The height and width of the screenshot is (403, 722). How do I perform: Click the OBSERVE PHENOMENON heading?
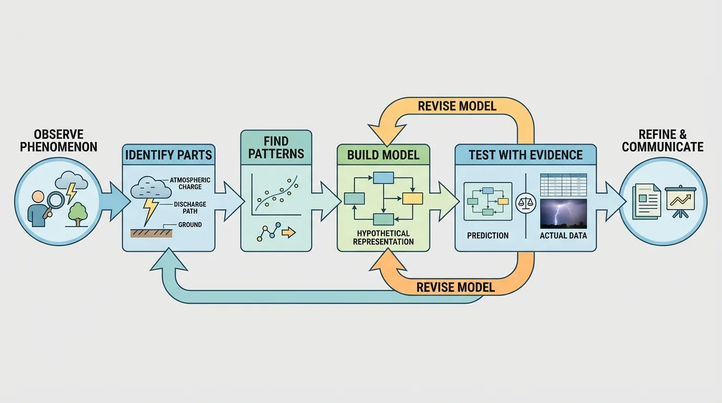point(58,140)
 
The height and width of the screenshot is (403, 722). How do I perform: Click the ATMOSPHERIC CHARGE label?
point(190,183)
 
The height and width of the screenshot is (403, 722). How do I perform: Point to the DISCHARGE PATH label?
point(190,208)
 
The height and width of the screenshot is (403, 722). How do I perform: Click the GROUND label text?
point(190,225)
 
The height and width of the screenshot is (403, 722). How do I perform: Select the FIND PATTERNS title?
point(276,147)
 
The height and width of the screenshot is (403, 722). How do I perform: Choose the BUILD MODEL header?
point(383,155)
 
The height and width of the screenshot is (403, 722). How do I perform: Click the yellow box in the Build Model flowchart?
point(412,198)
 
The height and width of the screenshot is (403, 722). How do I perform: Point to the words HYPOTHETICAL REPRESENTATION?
point(383,237)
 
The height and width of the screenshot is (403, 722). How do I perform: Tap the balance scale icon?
point(525,203)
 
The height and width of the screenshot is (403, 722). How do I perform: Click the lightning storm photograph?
point(563,213)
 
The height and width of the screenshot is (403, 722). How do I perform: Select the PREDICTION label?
point(487,236)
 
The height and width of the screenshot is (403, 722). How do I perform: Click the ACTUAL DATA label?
point(563,236)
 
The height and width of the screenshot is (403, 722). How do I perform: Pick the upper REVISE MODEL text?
point(456,106)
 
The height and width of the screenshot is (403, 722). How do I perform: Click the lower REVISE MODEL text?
point(455,287)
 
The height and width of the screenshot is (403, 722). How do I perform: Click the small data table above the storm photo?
point(563,185)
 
